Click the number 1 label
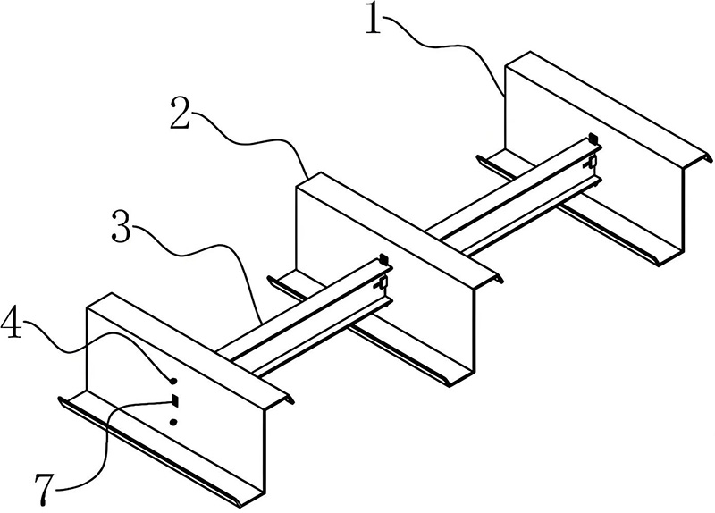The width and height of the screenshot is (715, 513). click(373, 19)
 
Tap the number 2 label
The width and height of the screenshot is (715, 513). click(180, 113)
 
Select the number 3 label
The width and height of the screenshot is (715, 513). click(122, 226)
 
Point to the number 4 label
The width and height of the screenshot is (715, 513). click(11, 323)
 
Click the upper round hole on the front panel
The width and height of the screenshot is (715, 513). click(173, 381)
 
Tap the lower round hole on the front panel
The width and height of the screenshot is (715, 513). click(173, 422)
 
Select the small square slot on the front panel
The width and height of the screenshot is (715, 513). click(173, 400)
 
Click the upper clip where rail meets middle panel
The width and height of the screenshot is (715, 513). click(384, 259)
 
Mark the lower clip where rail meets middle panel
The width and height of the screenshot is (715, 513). click(383, 283)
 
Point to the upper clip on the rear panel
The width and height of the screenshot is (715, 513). click(593, 137)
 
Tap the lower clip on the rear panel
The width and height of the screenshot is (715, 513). click(592, 162)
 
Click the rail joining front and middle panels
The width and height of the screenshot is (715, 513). click(305, 318)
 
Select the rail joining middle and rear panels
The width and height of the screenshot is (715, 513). click(515, 196)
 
